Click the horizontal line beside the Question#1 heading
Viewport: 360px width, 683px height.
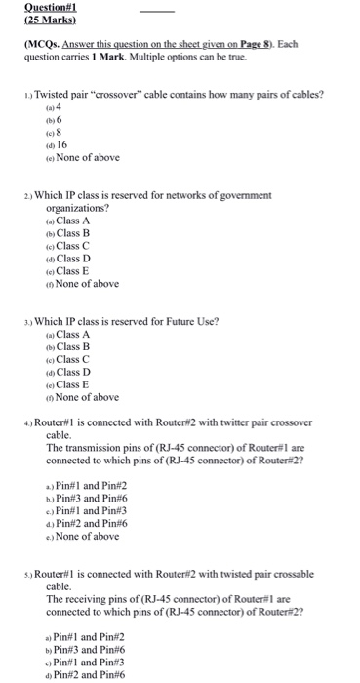pos(158,11)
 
